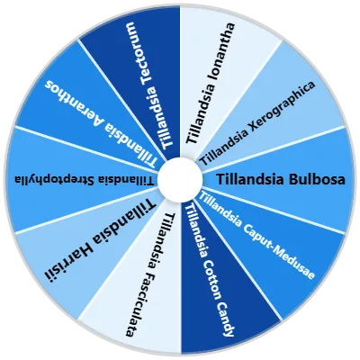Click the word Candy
pyautogui.click(x=225, y=319)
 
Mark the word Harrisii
pyautogui.click(x=69, y=256)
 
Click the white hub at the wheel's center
pyautogui.click(x=180, y=180)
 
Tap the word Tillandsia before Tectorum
pyautogui.click(x=162, y=118)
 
